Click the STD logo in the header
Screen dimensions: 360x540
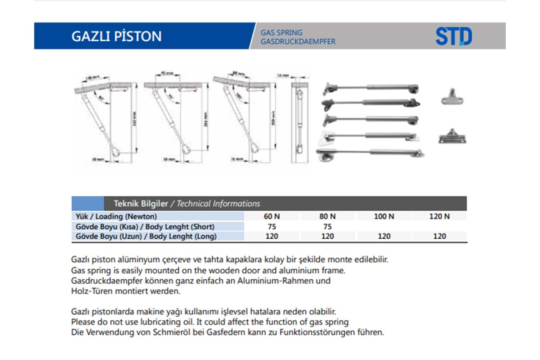tap(454, 36)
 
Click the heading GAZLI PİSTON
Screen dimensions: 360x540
tap(116, 36)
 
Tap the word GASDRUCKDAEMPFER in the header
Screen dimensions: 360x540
tap(298, 41)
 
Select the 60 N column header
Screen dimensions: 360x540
tap(272, 216)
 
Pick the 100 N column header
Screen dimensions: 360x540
tap(384, 216)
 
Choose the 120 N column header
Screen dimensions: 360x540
tap(439, 216)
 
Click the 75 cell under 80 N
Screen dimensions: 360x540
tap(327, 226)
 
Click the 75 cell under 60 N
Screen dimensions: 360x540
tap(272, 226)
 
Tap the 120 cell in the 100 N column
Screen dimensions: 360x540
tap(384, 236)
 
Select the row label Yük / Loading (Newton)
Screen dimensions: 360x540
tap(116, 216)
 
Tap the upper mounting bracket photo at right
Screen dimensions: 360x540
tap(452, 97)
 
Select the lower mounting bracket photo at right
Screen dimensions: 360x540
tap(452, 136)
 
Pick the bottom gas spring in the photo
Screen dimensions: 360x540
tap(371, 153)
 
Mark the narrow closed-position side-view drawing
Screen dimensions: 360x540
tap(299, 122)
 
